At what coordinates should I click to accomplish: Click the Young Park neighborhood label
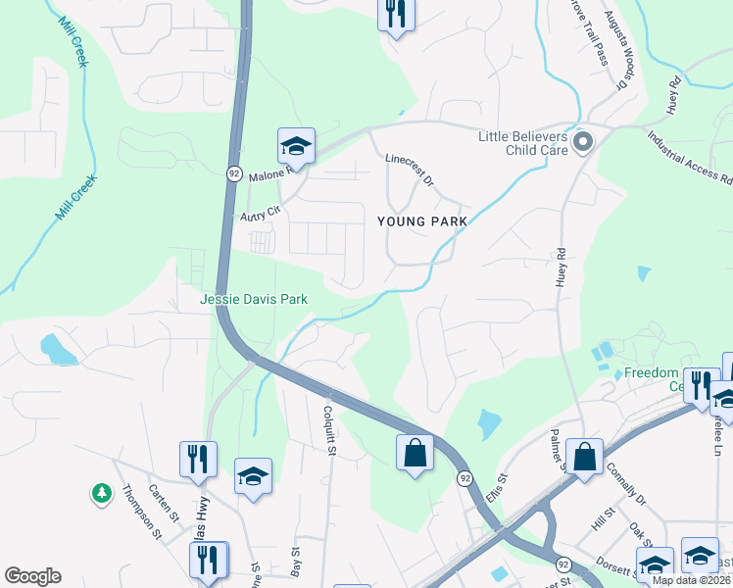(422, 221)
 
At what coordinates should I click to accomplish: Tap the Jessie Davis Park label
(255, 299)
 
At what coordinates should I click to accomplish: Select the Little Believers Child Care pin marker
(584, 144)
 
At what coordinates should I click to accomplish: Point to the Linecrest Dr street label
(410, 168)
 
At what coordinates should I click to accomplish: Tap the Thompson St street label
(142, 514)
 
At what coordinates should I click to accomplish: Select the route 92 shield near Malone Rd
(233, 172)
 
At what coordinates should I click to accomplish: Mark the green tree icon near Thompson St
(101, 492)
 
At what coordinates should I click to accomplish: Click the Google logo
(32, 576)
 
